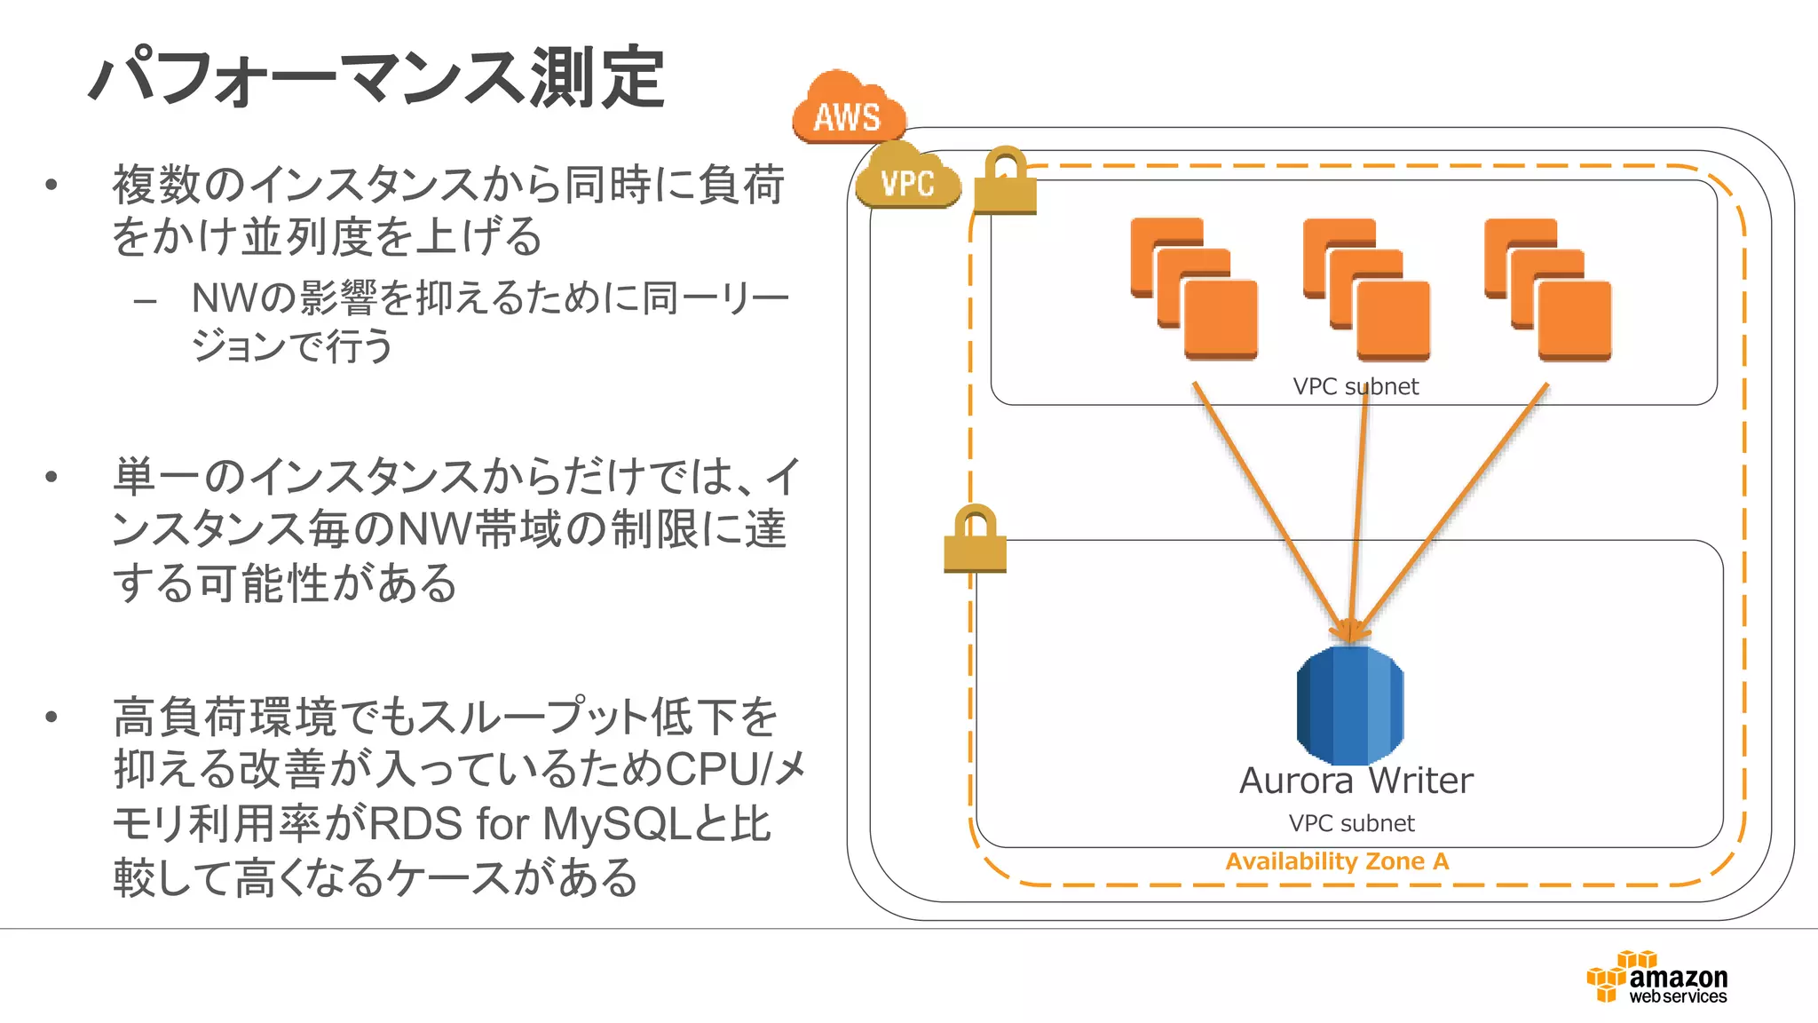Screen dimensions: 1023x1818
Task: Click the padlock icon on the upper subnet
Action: pos(1005,183)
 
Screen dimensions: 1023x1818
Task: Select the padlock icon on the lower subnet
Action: pos(975,540)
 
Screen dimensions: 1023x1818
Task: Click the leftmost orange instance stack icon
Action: pos(1194,289)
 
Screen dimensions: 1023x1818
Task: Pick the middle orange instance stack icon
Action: pos(1366,289)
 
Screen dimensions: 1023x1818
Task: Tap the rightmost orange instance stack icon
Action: pos(1547,289)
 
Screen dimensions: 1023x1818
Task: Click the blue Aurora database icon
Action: pos(1349,705)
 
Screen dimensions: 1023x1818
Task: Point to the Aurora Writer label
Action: pos(1356,781)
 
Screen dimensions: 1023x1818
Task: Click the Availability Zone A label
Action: pos(1337,861)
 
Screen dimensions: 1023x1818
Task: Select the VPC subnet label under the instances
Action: pos(1356,387)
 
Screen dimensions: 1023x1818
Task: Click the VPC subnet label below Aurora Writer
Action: pos(1351,824)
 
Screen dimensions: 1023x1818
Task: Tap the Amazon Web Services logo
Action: pos(1658,978)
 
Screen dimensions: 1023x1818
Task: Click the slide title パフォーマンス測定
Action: pos(376,78)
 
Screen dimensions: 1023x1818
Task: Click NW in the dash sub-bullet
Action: pos(225,298)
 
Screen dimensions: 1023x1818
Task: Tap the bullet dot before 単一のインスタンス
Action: pos(51,477)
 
